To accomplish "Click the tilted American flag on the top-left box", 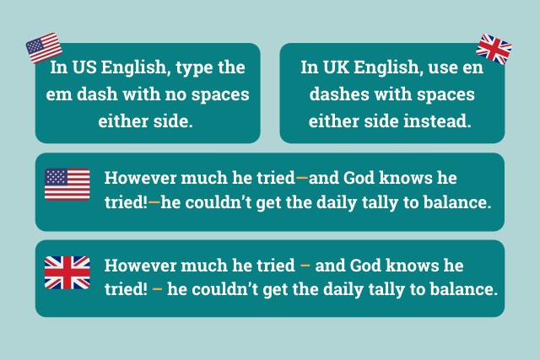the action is click(44, 48).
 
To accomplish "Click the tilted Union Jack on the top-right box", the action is click(494, 49).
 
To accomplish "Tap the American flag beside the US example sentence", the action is click(67, 184).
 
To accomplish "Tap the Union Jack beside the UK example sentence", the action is click(67, 272).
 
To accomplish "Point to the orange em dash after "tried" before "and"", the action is click(302, 178).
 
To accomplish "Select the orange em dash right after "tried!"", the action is click(154, 202).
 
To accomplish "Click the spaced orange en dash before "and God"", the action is click(305, 266).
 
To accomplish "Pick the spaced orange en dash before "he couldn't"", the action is click(158, 289).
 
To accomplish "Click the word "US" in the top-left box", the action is click(84, 67).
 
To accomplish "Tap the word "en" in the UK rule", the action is click(473, 67).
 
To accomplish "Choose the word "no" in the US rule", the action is click(175, 94).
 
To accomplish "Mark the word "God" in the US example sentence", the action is click(359, 178).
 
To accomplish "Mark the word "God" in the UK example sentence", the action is click(365, 266).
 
